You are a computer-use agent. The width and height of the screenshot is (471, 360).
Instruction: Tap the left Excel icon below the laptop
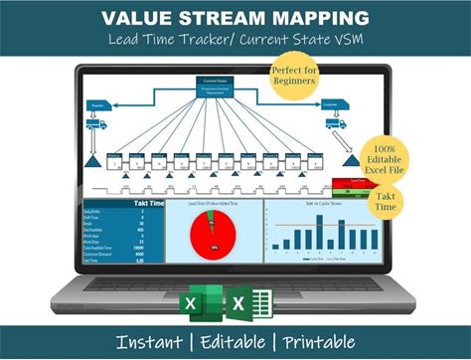196,303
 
